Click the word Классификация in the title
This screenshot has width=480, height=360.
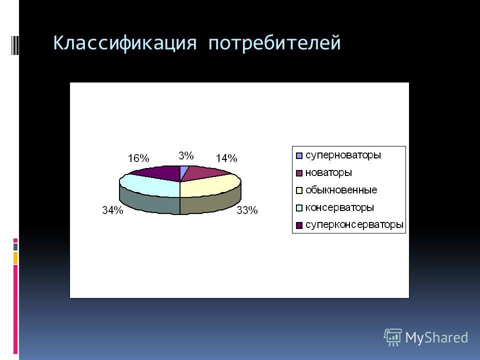(125, 43)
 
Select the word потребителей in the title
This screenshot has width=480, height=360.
(274, 43)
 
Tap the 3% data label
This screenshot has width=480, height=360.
(186, 155)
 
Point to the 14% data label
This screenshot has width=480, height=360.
(226, 158)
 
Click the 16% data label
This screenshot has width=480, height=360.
(138, 158)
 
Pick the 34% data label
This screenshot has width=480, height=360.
(112, 210)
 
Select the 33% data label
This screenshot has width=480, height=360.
(247, 210)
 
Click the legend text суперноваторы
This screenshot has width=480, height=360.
(343, 155)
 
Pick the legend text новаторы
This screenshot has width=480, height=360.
(329, 172)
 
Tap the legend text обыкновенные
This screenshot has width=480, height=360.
(341, 190)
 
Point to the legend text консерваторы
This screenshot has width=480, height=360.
(340, 207)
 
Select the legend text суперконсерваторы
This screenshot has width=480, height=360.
(354, 225)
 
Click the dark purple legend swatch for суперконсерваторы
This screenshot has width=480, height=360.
(299, 225)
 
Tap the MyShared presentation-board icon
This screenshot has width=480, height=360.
(393, 337)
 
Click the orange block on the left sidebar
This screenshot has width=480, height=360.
(15, 258)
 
